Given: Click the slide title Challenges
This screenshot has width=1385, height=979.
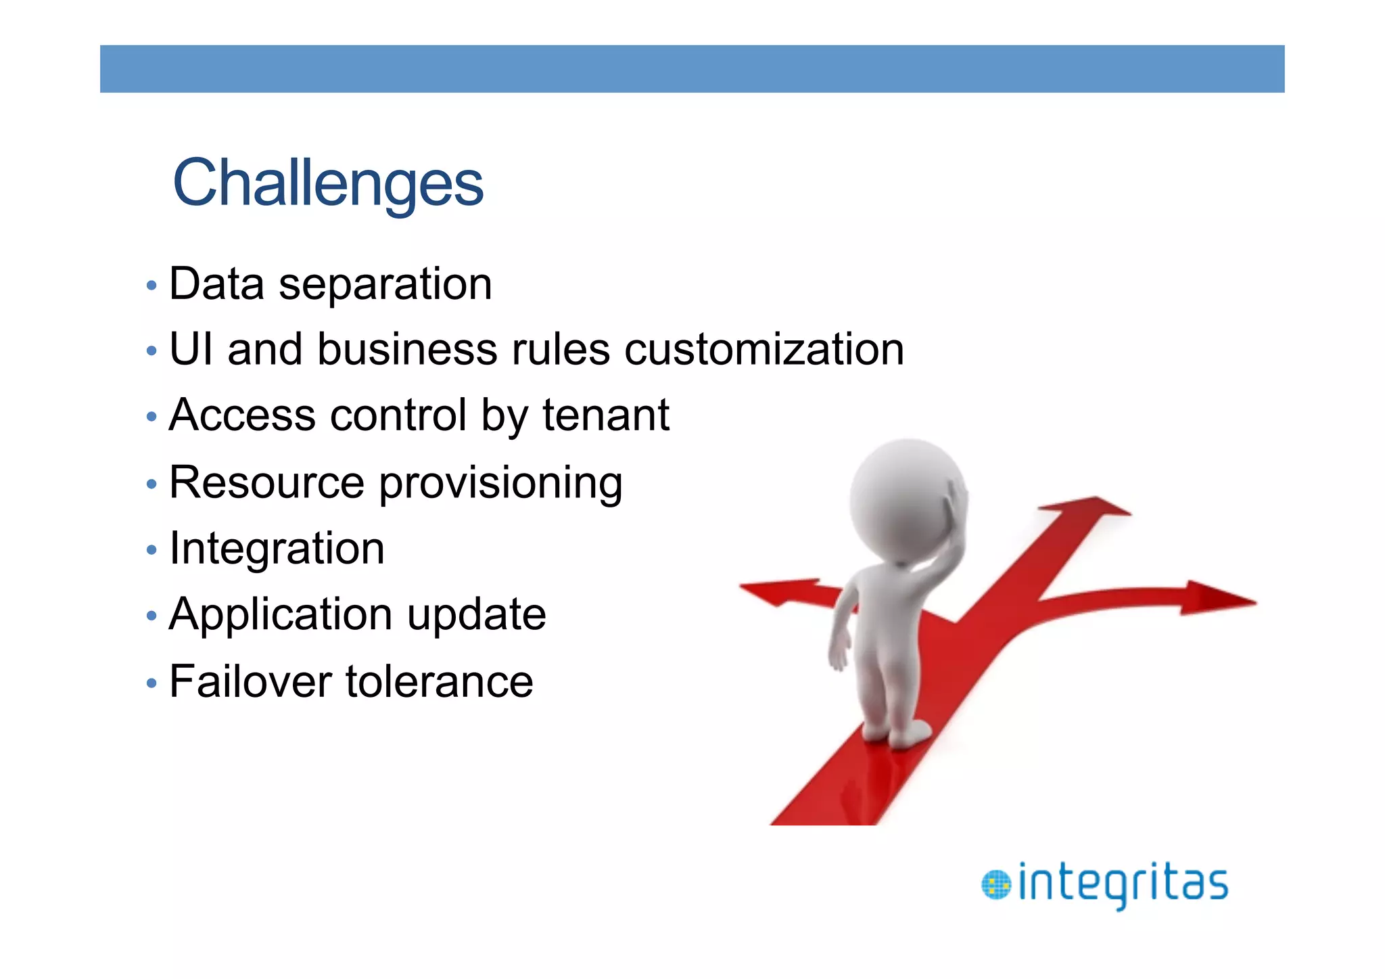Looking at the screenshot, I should pos(328,182).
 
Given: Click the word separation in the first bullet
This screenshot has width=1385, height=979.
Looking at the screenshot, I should pos(385,284).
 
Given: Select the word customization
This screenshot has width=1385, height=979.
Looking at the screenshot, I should pos(764,350).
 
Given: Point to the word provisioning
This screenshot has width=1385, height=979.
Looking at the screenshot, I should pos(500,483).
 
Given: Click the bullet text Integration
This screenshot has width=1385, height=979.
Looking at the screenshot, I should pos(277,548).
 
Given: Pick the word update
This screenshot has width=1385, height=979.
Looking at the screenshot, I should pos(476,614).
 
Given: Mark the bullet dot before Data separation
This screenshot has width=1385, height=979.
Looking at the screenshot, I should pos(151,286).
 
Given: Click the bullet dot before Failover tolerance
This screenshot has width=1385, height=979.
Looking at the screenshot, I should pos(151,683).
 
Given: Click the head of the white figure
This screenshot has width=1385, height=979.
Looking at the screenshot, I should pos(903,497).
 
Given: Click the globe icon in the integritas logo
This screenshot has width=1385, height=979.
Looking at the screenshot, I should pos(995,885).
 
